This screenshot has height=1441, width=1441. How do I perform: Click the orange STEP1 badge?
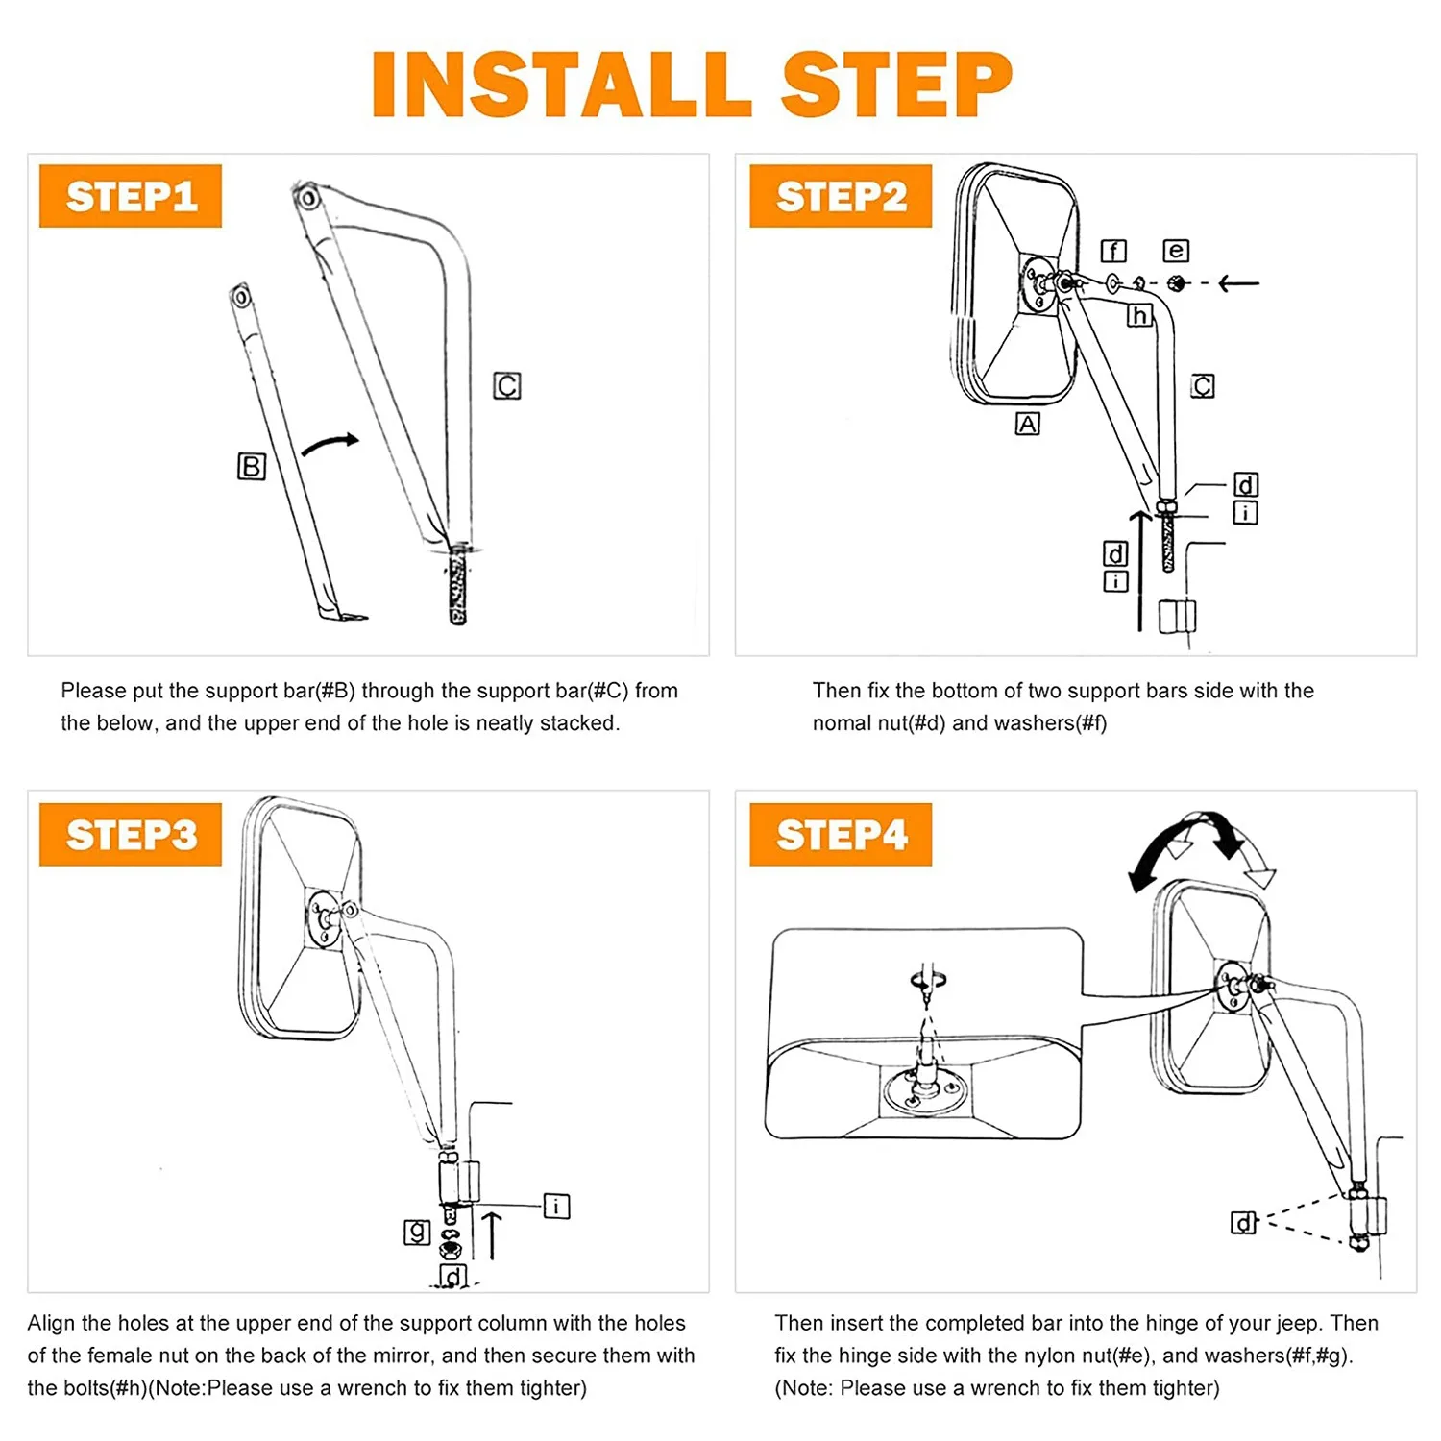tap(131, 196)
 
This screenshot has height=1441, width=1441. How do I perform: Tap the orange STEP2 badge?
tap(841, 196)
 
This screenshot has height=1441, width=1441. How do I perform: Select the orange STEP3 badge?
tap(131, 834)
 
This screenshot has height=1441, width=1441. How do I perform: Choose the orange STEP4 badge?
tap(841, 834)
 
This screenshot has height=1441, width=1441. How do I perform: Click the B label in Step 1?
tap(252, 467)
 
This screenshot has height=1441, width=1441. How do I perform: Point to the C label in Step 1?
tap(507, 386)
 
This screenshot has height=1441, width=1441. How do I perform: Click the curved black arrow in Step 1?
tap(330, 444)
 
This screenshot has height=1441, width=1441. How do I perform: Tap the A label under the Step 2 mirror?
tap(1028, 424)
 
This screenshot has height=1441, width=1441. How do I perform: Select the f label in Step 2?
tap(1113, 252)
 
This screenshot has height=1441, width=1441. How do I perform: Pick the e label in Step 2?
tap(1176, 251)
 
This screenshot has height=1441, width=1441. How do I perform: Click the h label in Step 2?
tap(1139, 315)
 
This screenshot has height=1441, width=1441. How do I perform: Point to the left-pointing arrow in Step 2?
tap(1238, 283)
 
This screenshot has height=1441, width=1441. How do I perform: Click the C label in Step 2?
tap(1203, 386)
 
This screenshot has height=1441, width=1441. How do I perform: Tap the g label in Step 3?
tap(417, 1232)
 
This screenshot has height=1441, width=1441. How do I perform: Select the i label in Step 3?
tap(557, 1207)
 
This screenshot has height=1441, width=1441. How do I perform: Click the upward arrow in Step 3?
tap(492, 1235)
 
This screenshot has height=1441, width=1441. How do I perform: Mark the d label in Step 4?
tap(1244, 1223)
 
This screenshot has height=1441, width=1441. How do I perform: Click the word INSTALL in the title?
tap(562, 85)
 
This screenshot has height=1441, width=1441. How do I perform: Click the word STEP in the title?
tap(897, 85)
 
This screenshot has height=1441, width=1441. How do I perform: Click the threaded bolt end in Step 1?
tap(458, 586)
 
